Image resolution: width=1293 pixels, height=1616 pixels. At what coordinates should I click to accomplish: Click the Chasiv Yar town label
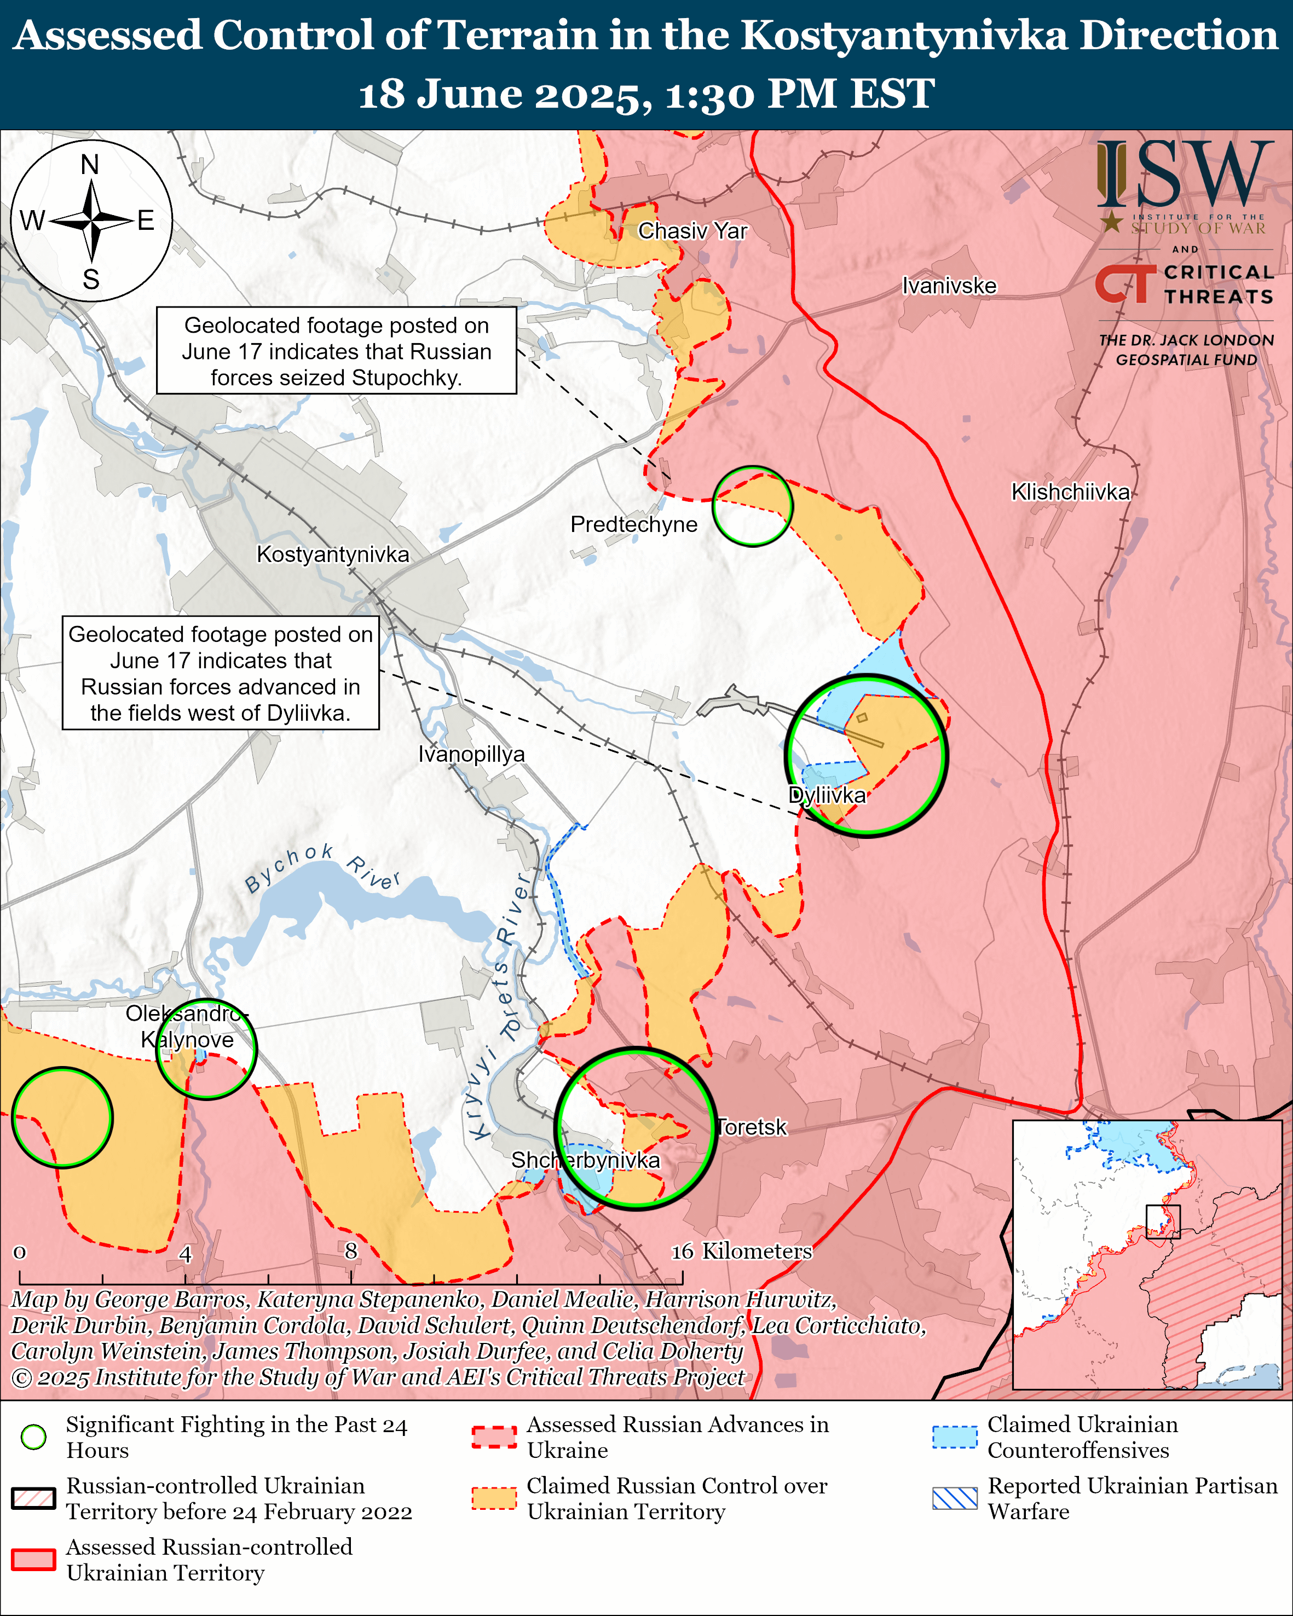(692, 231)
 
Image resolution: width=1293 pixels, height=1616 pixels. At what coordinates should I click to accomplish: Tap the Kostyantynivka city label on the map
(333, 555)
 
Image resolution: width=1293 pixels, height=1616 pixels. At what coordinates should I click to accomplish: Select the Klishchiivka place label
(1070, 493)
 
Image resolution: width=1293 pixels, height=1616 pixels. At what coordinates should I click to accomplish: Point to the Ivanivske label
(949, 286)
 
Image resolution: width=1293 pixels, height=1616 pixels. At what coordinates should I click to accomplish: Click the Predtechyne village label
(633, 525)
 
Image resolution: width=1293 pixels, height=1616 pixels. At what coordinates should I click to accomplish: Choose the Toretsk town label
(752, 1127)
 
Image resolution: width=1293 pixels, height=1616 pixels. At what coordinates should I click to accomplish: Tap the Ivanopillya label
(471, 754)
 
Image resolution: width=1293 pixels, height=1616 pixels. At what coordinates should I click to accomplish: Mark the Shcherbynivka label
(585, 1160)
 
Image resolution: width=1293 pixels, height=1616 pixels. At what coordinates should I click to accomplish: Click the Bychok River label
(322, 870)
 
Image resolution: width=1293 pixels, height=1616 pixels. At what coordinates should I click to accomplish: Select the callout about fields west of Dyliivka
(221, 673)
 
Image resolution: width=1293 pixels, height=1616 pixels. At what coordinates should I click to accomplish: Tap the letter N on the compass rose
(90, 165)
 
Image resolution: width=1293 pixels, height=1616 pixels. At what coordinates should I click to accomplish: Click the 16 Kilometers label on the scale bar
(741, 1251)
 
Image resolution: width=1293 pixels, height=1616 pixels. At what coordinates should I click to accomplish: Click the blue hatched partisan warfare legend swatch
(954, 1498)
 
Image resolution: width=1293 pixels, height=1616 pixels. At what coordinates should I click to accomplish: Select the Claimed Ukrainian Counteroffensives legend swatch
(954, 1437)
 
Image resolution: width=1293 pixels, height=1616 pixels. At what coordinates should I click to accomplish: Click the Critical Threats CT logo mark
(1124, 284)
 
